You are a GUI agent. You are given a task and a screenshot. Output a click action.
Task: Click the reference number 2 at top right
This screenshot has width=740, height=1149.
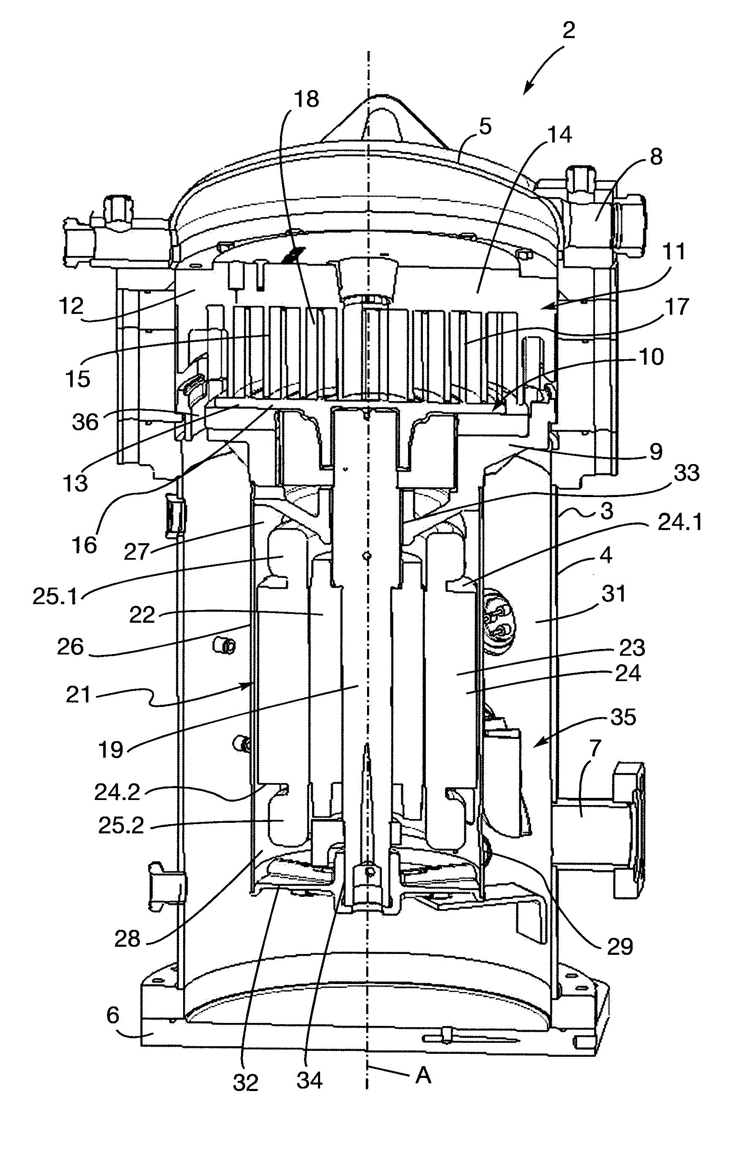pos(568,31)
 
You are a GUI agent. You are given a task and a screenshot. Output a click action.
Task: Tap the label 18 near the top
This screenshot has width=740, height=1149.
pos(307,99)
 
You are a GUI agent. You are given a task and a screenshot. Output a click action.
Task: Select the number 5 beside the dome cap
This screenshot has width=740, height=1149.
pos(485,127)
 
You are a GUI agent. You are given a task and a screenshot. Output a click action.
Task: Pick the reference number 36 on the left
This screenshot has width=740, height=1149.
pos(85,422)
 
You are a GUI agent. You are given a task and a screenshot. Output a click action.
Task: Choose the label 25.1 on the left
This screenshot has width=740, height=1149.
pos(55,596)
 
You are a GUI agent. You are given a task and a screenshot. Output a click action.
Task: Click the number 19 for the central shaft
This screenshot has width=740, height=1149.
pos(111,750)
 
